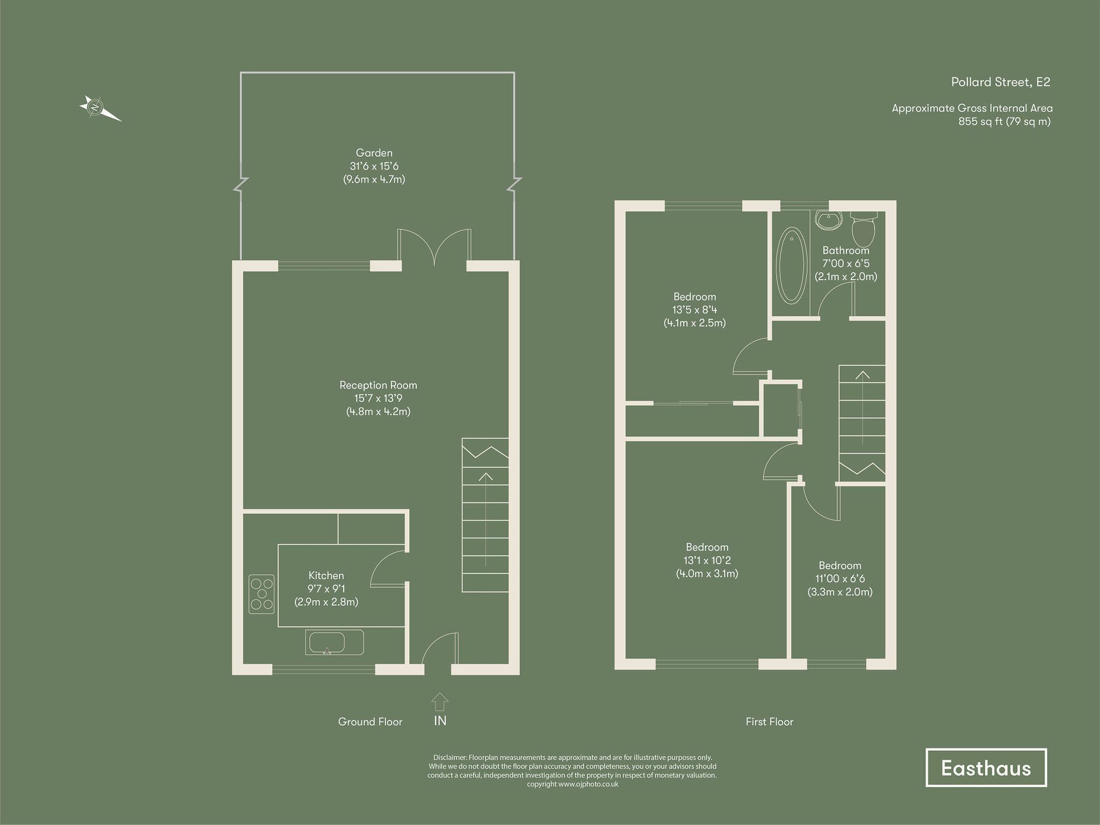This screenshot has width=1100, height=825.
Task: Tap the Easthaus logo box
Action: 986,768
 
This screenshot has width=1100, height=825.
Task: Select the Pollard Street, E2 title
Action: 1000,82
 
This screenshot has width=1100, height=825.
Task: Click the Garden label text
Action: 374,153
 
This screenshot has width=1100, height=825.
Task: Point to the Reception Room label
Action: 378,385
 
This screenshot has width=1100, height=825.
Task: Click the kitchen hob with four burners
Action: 262,594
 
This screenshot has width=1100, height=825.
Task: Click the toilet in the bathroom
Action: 864,230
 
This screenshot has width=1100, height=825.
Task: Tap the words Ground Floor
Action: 370,722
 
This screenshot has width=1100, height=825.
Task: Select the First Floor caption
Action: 769,722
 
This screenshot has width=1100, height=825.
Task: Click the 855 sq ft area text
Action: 1004,121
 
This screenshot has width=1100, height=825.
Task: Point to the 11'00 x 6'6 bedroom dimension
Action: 840,579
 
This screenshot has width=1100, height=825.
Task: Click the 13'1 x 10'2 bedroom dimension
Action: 707,561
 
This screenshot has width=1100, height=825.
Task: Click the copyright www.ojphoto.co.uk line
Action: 572,784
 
